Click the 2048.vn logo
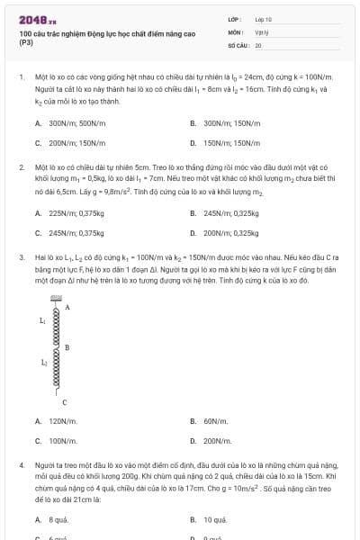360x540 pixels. click(38, 20)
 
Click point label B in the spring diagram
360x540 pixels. click(67, 347)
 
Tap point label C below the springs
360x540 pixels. click(65, 401)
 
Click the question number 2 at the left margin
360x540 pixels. click(21, 167)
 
